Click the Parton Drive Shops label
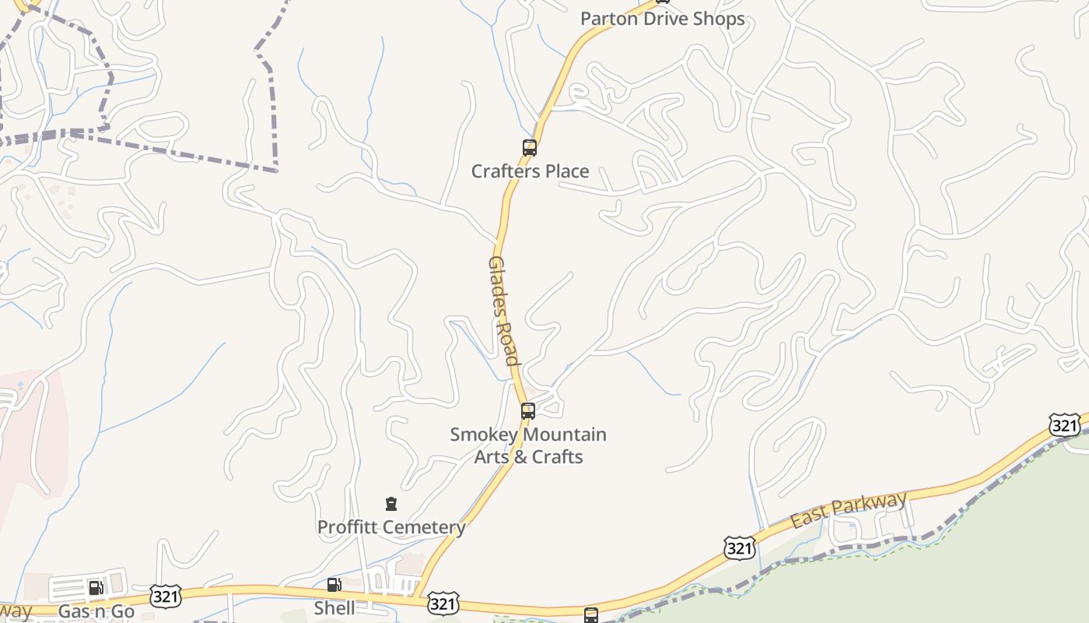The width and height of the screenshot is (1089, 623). [663, 19]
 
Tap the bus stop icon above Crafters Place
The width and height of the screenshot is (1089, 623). [530, 147]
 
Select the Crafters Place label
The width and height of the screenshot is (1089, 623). [530, 171]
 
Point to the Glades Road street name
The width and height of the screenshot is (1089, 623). [502, 310]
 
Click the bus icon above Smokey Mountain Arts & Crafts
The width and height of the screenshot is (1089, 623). [528, 410]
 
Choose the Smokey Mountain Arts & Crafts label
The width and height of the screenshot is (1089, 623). [528, 445]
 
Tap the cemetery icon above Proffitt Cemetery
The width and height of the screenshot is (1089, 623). [391, 505]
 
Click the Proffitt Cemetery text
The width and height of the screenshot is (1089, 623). [391, 527]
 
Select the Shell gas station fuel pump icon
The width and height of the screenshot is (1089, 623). [334, 585]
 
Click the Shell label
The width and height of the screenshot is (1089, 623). [334, 607]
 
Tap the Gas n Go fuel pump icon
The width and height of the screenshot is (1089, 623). [96, 587]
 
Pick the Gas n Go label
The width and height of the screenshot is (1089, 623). [96, 611]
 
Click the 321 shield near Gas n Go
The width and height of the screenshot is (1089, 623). [166, 597]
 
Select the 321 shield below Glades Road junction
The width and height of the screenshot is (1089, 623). [442, 604]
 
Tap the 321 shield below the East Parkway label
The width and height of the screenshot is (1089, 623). [738, 547]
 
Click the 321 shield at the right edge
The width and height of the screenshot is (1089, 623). [1063, 424]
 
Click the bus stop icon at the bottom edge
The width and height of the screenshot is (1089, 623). [591, 615]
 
